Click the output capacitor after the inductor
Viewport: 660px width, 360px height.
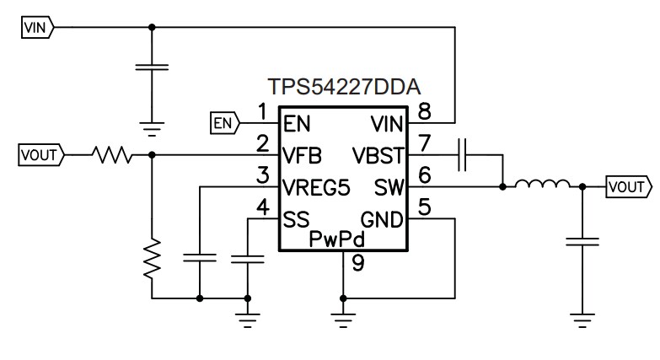click(582, 244)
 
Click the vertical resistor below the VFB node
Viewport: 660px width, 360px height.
click(152, 259)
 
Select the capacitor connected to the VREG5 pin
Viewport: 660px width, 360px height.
click(200, 257)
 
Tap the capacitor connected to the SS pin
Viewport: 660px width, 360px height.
click(248, 257)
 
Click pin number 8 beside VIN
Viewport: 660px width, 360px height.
click(424, 110)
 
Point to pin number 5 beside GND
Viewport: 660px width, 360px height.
click(424, 205)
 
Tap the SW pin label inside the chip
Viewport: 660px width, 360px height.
click(389, 186)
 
